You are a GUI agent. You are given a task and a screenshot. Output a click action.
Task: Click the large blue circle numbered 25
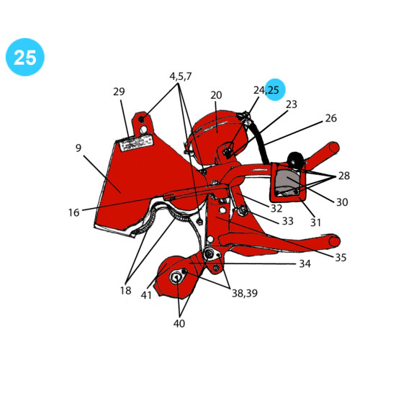[x=25, y=57]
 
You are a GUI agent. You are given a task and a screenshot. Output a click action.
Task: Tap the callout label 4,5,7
[x=180, y=76]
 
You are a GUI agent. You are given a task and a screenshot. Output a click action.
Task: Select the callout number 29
[x=119, y=91]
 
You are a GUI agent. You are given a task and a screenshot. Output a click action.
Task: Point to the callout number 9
[x=78, y=148]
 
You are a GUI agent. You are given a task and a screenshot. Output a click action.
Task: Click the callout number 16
[x=73, y=212]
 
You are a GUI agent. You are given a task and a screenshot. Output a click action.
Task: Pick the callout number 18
[x=126, y=290]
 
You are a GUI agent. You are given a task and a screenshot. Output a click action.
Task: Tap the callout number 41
[x=146, y=294]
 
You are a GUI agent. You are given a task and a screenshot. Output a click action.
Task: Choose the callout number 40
[x=179, y=323]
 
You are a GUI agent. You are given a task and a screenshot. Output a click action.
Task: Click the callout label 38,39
[x=245, y=293]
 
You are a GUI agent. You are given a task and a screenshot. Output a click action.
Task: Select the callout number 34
[x=305, y=264]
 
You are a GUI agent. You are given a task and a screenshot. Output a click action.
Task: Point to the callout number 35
[x=341, y=257]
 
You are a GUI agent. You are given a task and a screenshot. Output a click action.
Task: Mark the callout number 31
[x=315, y=222]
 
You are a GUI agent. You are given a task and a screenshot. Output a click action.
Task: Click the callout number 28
[x=343, y=176]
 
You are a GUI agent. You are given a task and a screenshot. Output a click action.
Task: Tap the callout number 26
[x=331, y=118]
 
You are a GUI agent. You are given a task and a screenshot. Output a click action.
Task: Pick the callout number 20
[x=216, y=95]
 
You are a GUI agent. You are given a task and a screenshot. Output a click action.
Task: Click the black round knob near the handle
[x=295, y=160]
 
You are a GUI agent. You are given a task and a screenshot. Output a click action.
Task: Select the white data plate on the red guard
[x=137, y=143]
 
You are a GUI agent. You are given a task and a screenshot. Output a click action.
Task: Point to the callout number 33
[x=288, y=221]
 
